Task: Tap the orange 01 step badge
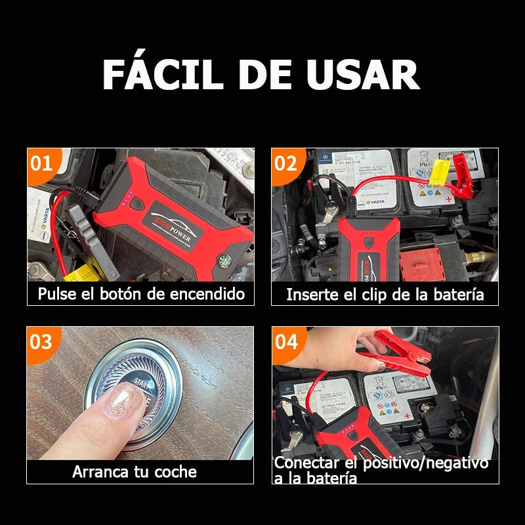pos(42,163)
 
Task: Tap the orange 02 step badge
pos(286,163)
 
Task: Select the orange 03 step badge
pos(41,341)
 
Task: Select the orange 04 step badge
pos(286,341)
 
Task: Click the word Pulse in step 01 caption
pos(56,293)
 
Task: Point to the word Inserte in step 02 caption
pos(312,294)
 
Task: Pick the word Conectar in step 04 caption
pos(303,463)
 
